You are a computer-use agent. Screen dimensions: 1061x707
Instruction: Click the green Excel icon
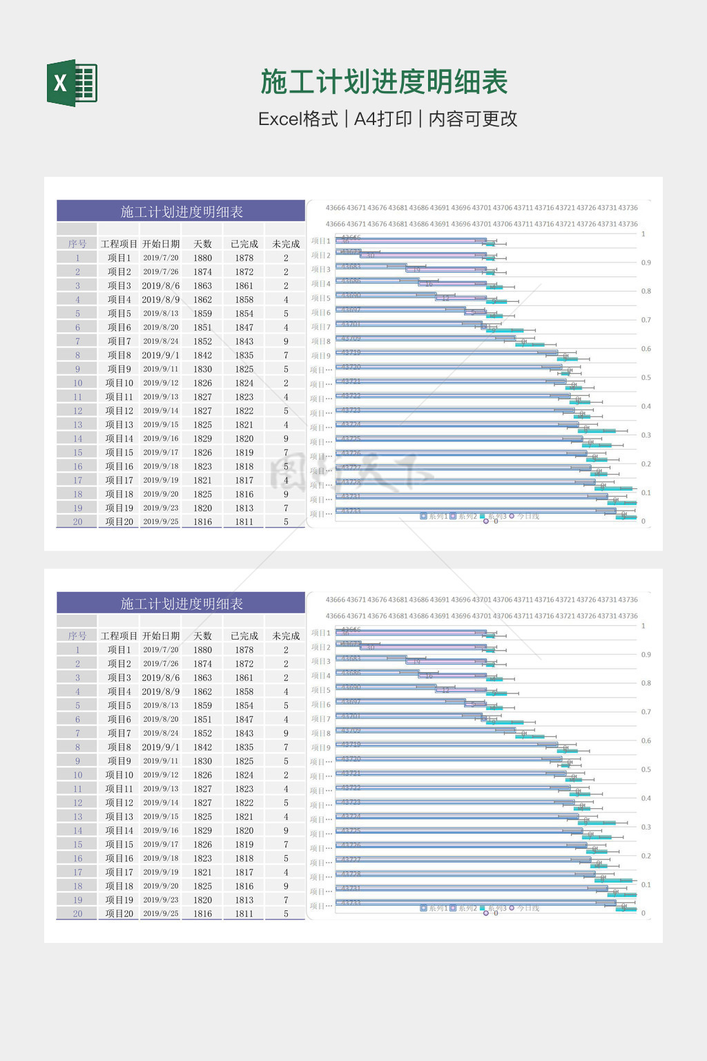click(72, 83)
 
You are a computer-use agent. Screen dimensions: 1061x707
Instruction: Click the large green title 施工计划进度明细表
click(384, 82)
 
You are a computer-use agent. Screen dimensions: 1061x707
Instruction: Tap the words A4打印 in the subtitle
click(382, 119)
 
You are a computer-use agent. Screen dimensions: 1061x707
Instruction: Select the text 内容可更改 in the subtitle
click(473, 119)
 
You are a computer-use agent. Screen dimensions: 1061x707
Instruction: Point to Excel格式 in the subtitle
click(298, 119)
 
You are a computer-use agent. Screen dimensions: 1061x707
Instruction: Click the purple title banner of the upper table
click(181, 211)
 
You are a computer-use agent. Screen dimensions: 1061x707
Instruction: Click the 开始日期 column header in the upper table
click(161, 244)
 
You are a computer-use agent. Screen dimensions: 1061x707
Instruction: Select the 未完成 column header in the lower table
click(286, 635)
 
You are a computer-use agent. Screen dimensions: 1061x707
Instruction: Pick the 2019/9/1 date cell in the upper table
click(161, 355)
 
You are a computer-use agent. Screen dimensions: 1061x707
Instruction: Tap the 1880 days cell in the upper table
click(202, 258)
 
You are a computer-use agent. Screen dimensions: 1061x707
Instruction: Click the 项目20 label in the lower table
click(119, 913)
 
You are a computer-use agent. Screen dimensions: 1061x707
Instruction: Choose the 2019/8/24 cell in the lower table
click(161, 733)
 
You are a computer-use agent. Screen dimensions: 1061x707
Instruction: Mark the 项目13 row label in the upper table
click(119, 424)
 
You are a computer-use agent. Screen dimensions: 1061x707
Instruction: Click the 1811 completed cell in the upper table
click(244, 522)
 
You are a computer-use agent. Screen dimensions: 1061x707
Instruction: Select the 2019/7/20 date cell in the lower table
click(161, 649)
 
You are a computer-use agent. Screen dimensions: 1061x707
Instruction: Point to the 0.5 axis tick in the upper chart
click(646, 378)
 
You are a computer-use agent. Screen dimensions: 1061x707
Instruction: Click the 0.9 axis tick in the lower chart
click(646, 654)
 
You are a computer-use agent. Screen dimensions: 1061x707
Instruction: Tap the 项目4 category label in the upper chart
click(321, 284)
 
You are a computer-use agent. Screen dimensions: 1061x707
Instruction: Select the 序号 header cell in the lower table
click(77, 635)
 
